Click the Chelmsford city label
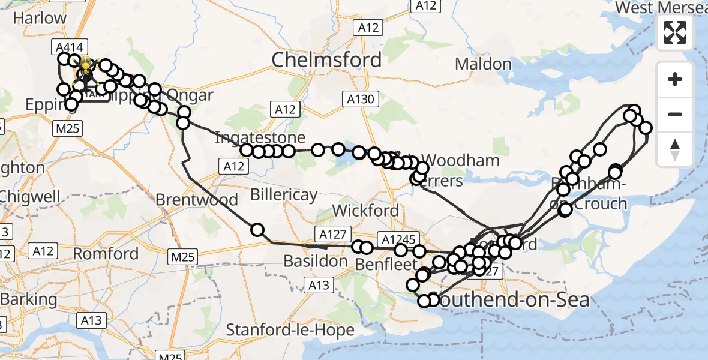pyautogui.click(x=326, y=59)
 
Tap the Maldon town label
pyautogui.click(x=483, y=64)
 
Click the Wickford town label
pyautogui.click(x=365, y=211)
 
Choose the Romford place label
pyautogui.click(x=106, y=253)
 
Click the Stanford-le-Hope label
pyautogui.click(x=279, y=329)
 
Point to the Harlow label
pyautogui.click(x=40, y=18)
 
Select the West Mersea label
pyautogui.click(x=661, y=7)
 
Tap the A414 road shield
pyautogui.click(x=70, y=47)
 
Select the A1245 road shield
pyautogui.click(x=397, y=238)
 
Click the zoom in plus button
pyautogui.click(x=675, y=80)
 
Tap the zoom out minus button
pyautogui.click(x=675, y=114)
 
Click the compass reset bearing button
pyautogui.click(x=675, y=149)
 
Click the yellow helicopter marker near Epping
pyautogui.click(x=86, y=68)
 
